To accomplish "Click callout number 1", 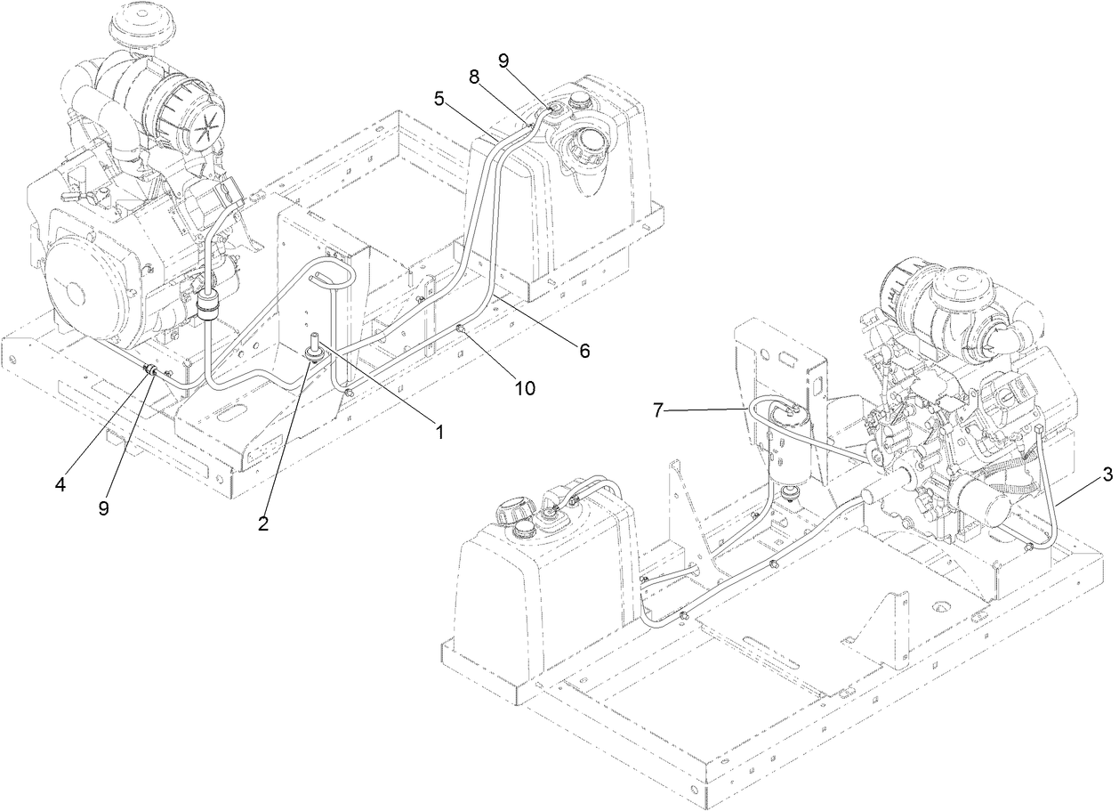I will [438, 431].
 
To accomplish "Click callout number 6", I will [584, 351].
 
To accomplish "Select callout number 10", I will [524, 388].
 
